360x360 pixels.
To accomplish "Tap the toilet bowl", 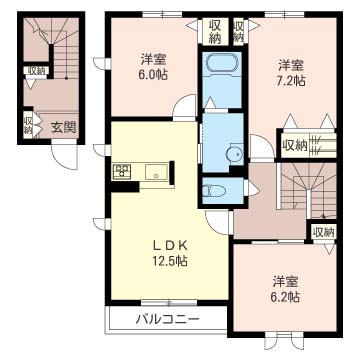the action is tap(214, 191).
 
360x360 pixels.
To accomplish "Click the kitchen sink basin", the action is tap(156, 172).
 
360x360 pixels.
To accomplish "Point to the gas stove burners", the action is tap(121, 172).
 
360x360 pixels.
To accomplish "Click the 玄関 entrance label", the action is tap(63, 127).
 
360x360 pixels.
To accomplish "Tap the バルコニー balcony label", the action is tap(167, 320).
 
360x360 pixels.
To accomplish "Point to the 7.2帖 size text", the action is tap(292, 80).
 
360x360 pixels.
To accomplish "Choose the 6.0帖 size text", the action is tap(153, 74).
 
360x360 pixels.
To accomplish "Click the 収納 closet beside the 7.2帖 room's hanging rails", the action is tap(295, 145).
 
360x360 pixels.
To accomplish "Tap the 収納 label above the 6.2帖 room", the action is tap(324, 232).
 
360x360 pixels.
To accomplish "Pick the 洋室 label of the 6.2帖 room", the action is tap(285, 282).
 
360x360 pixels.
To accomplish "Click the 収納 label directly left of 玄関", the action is tap(28, 124).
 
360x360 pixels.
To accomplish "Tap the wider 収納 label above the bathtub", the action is tap(217, 31).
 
